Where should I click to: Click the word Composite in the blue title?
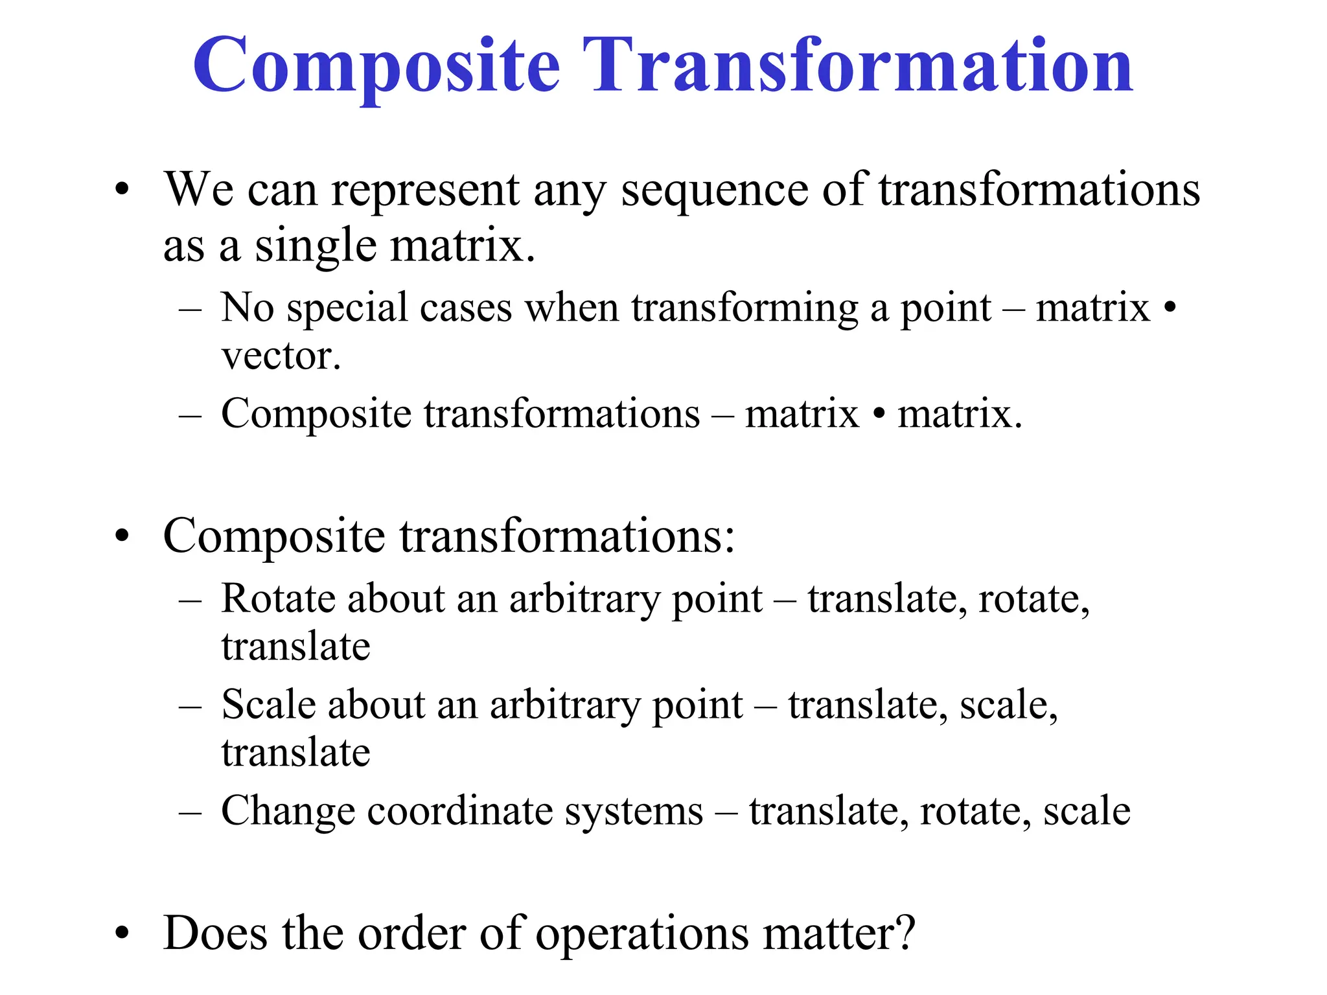click(x=376, y=66)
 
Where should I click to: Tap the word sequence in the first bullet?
click(x=714, y=192)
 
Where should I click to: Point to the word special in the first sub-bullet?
click(x=347, y=308)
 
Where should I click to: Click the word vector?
click(x=281, y=356)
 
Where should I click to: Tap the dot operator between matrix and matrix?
click(x=878, y=415)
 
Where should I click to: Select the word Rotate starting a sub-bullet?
click(x=277, y=599)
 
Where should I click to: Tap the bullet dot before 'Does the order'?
click(x=122, y=933)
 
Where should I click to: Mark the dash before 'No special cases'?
click(x=190, y=310)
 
